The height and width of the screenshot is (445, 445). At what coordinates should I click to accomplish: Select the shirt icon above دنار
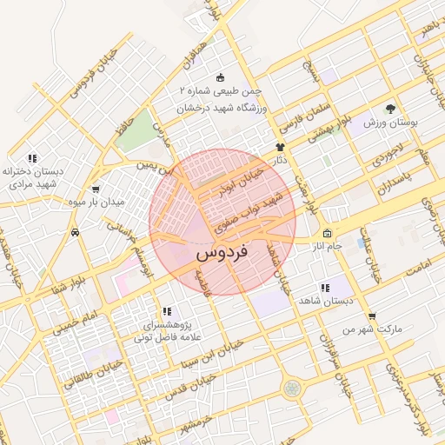280,148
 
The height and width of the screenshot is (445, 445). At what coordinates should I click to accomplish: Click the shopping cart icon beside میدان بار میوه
95,189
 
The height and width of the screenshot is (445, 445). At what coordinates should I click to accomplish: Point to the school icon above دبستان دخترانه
32,158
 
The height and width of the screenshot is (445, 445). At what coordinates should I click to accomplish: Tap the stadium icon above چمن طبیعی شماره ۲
220,76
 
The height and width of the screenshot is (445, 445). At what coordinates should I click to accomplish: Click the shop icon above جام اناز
327,233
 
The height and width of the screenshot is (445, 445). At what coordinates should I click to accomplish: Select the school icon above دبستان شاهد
325,288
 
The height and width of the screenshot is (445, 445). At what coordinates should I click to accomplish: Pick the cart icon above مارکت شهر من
372,316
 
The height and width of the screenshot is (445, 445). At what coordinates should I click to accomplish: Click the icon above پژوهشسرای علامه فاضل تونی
165,311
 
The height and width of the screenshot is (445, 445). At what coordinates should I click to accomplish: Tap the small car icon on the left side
77,232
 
